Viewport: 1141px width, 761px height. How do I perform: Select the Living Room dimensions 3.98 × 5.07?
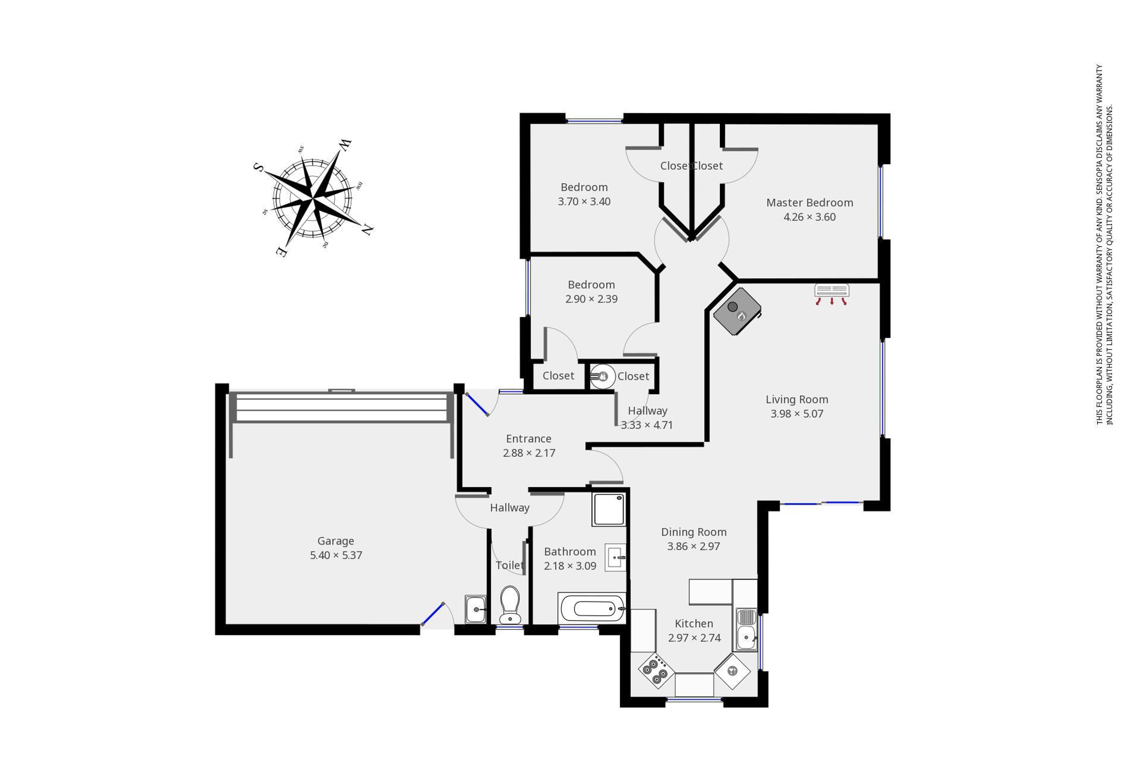[x=797, y=413]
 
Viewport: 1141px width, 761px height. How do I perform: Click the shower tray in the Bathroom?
[x=608, y=509]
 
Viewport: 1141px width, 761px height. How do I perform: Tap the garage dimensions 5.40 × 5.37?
[x=336, y=555]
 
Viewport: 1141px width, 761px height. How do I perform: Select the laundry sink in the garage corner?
[x=475, y=609]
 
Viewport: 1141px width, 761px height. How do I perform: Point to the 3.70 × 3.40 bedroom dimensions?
[x=584, y=202]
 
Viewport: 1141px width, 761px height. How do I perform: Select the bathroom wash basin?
[x=615, y=557]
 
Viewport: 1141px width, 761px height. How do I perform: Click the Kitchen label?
[x=694, y=624]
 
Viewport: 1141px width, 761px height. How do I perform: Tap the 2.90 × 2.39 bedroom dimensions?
[x=591, y=299]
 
